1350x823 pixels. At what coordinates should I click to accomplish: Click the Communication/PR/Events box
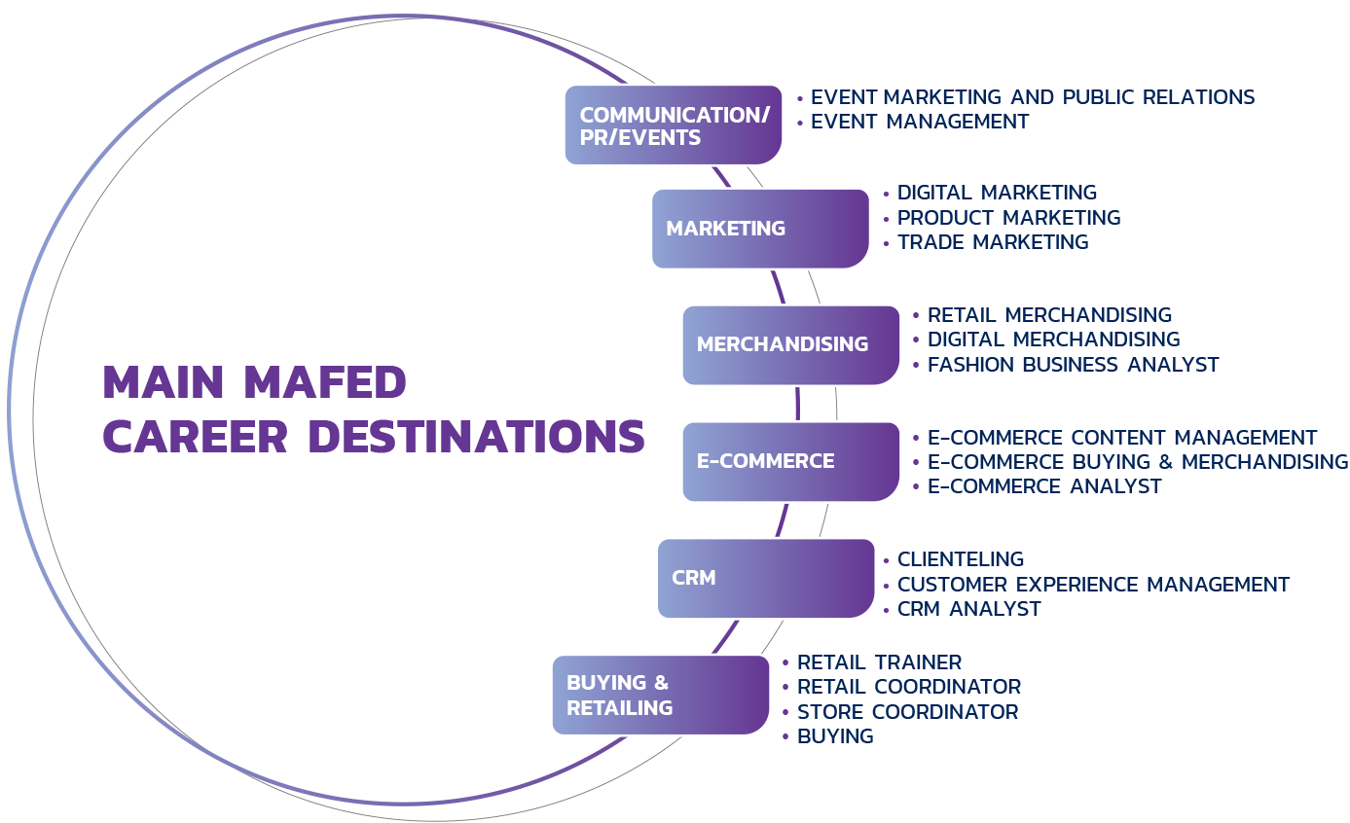[x=673, y=125]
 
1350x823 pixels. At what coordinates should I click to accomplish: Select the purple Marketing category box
[x=759, y=229]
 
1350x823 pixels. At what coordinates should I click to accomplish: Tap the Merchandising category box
[x=790, y=344]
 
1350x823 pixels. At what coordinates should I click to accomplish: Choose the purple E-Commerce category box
[x=790, y=461]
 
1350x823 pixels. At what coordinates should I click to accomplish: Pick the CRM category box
[x=765, y=578]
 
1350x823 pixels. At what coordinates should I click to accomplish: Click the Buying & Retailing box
[x=660, y=695]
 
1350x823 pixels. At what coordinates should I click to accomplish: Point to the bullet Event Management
[x=919, y=122]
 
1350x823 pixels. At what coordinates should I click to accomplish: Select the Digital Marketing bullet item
[x=997, y=193]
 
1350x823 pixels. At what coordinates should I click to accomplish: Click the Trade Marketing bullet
[x=992, y=242]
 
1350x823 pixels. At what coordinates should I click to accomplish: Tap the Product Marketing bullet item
[x=1008, y=218]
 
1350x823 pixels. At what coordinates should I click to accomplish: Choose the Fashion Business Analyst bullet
[x=1073, y=365]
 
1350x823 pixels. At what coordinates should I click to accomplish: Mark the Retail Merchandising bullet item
[x=1049, y=315]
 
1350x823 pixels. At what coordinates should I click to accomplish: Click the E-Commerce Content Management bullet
[x=1121, y=438]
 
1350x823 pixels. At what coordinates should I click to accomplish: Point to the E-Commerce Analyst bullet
[x=1044, y=486]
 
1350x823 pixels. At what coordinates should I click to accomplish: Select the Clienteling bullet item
[x=960, y=559]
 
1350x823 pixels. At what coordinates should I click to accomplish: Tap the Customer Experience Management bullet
[x=1093, y=585]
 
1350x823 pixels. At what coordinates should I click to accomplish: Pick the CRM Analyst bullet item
[x=968, y=609]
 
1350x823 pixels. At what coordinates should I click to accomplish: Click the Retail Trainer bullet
[x=879, y=662]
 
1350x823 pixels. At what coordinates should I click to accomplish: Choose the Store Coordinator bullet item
[x=907, y=712]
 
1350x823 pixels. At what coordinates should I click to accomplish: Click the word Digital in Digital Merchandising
[x=964, y=340]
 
